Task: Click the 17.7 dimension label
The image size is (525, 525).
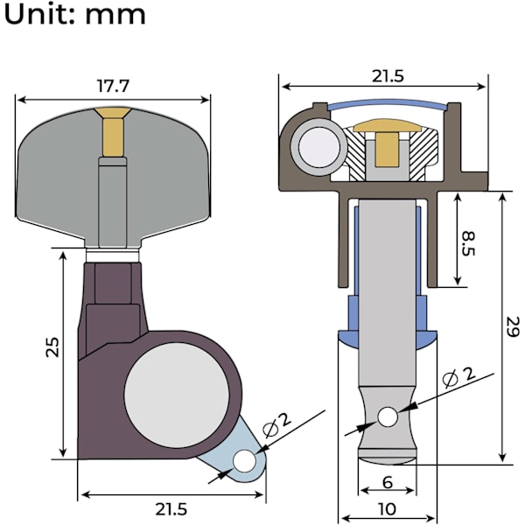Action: pyautogui.click(x=113, y=86)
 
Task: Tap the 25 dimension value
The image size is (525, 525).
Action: pyautogui.click(x=52, y=347)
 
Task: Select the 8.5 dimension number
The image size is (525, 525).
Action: pyautogui.click(x=469, y=243)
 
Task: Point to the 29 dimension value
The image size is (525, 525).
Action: pyautogui.click(x=513, y=326)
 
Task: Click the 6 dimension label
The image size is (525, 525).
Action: pyautogui.click(x=388, y=482)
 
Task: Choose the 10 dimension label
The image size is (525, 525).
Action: pyautogui.click(x=388, y=509)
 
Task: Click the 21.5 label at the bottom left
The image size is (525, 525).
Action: pyautogui.click(x=171, y=509)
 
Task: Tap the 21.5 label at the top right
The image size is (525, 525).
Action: pyautogui.click(x=388, y=76)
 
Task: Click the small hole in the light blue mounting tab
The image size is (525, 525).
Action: pyautogui.click(x=245, y=461)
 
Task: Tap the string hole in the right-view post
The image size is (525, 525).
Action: pyautogui.click(x=388, y=416)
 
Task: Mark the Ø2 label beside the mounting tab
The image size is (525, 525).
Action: pyautogui.click(x=276, y=424)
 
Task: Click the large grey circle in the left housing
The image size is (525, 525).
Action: pyautogui.click(x=177, y=395)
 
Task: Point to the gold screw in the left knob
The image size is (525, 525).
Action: pyautogui.click(x=113, y=131)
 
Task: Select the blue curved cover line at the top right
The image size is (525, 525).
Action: pyautogui.click(x=388, y=103)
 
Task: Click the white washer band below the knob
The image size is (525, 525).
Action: pyautogui.click(x=113, y=255)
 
